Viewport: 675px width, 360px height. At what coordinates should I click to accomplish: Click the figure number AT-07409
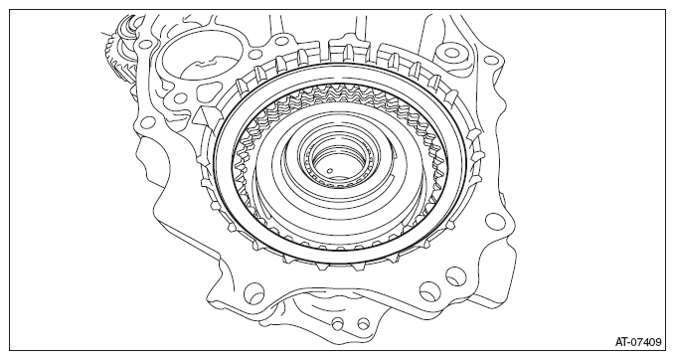(x=638, y=342)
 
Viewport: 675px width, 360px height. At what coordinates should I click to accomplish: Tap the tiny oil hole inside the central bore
(x=330, y=170)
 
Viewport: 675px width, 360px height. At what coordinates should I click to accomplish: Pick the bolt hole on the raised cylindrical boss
(x=451, y=53)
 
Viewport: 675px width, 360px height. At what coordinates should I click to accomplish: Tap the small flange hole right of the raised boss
(x=490, y=61)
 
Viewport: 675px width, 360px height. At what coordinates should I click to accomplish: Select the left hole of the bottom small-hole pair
(x=338, y=323)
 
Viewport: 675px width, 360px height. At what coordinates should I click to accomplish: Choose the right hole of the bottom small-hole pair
(x=364, y=323)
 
